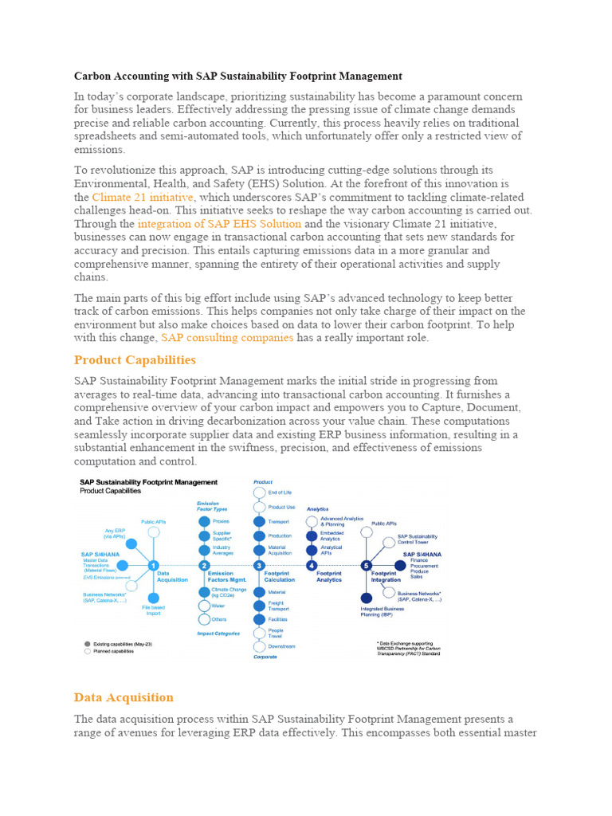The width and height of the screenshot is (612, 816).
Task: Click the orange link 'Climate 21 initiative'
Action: tap(142, 197)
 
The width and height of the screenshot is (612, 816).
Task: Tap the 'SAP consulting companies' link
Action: tap(227, 338)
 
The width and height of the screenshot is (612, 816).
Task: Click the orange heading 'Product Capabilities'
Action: tap(135, 360)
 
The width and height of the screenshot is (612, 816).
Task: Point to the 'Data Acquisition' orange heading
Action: tap(124, 697)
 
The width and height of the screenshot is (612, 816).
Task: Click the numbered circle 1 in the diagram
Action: tap(153, 565)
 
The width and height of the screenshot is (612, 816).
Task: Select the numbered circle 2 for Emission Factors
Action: tap(204, 565)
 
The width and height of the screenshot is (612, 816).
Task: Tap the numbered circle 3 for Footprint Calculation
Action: tap(259, 565)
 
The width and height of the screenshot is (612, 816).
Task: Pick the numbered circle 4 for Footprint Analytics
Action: tap(312, 565)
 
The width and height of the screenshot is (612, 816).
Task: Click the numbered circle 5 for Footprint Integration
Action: tap(366, 565)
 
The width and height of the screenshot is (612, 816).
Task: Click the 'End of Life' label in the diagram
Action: tap(280, 492)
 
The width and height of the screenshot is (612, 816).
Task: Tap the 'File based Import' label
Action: tap(153, 610)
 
